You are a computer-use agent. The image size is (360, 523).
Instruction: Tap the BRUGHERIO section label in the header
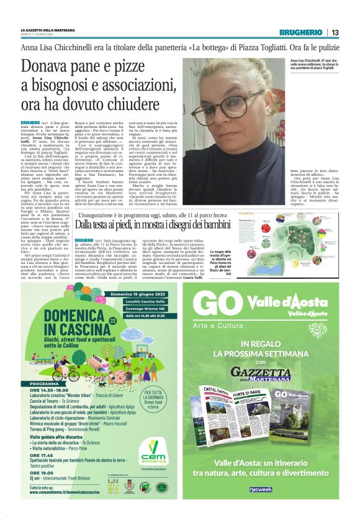coord(300,32)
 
